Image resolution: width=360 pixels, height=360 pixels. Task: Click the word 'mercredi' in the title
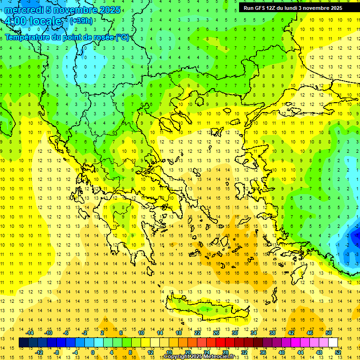(22, 10)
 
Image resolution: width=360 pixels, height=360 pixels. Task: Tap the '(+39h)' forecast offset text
(81, 21)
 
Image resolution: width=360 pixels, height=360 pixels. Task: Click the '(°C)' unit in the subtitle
(122, 37)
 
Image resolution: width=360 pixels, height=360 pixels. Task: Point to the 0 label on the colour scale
(93, 352)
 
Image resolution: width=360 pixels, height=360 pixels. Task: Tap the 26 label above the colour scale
(216, 333)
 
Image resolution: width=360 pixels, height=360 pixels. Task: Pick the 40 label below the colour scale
(282, 352)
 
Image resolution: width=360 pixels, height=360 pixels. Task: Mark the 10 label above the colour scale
(141, 333)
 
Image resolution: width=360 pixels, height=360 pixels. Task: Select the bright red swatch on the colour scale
(221, 343)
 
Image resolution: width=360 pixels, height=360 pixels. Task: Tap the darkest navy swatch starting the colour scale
(24, 343)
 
